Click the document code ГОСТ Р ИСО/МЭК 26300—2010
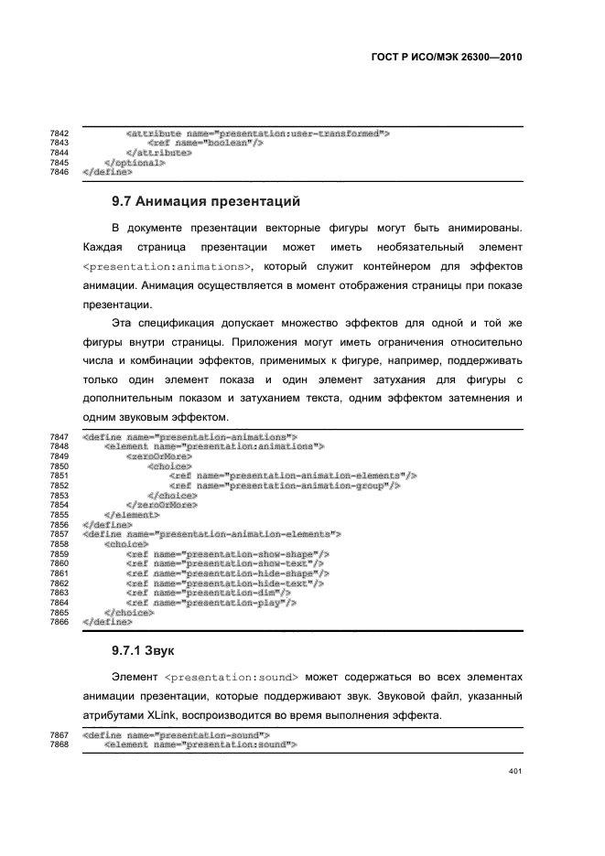tap(446, 56)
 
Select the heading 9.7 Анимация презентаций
tap(206, 199)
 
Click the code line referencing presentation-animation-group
tap(285, 486)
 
